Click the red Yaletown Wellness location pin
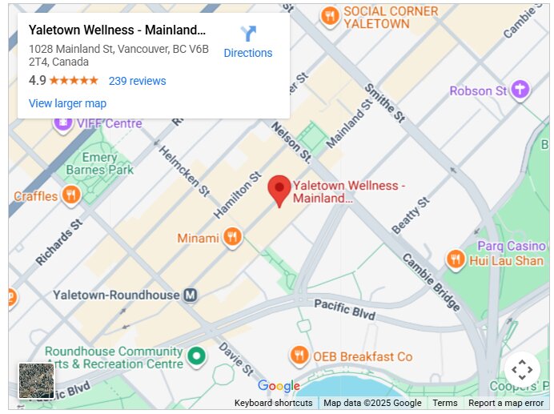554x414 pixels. pyautogui.click(x=279, y=190)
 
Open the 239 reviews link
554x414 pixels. pyautogui.click(x=137, y=81)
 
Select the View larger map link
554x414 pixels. pyautogui.click(x=67, y=103)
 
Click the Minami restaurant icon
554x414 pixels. pyautogui.click(x=232, y=236)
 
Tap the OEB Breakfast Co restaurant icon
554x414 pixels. pyautogui.click(x=299, y=356)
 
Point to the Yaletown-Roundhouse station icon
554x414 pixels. pyautogui.click(x=191, y=295)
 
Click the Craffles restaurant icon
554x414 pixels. pyautogui.click(x=71, y=195)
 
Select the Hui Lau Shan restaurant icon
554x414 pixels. pyautogui.click(x=455, y=259)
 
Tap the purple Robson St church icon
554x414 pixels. pyautogui.click(x=521, y=90)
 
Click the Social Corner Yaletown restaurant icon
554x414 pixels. pyautogui.click(x=329, y=16)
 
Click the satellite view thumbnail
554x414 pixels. pyautogui.click(x=36, y=380)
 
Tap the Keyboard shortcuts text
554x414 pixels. pyautogui.click(x=273, y=403)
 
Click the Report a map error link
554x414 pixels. pyautogui.click(x=506, y=403)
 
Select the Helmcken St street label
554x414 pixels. pyautogui.click(x=183, y=171)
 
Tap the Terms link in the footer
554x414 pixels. pyautogui.click(x=445, y=403)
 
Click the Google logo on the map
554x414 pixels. pyautogui.click(x=279, y=386)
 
